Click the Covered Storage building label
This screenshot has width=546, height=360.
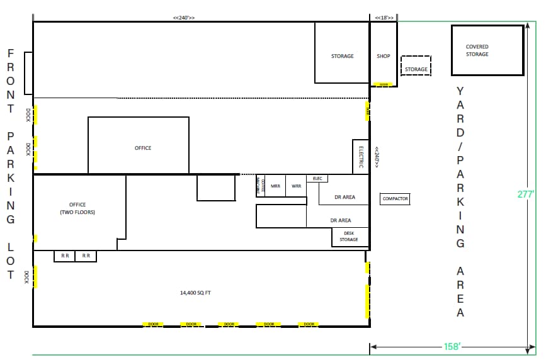pos(477,50)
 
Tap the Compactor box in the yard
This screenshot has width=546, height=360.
pos(395,199)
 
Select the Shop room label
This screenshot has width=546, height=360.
pos(384,56)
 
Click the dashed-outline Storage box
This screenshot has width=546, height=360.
pos(416,69)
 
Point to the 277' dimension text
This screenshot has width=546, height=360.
pos(525,194)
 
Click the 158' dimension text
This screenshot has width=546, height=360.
pos(453,346)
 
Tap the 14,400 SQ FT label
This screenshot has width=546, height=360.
pos(195,293)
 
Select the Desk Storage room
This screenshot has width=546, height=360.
pos(349,236)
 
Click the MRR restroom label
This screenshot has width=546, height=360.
pos(275,186)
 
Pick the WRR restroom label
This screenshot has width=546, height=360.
pos(296,186)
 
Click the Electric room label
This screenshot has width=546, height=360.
pos(361,157)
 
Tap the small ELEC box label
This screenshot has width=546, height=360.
pos(317,179)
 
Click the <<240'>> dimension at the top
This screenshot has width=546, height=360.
pos(184,18)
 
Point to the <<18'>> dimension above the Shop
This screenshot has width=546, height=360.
pos(384,18)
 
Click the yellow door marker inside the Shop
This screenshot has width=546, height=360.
pos(383,84)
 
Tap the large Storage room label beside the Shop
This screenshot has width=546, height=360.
pos(342,56)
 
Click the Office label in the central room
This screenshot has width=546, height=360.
pos(143,148)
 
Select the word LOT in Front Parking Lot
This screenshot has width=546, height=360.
pos(11,260)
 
